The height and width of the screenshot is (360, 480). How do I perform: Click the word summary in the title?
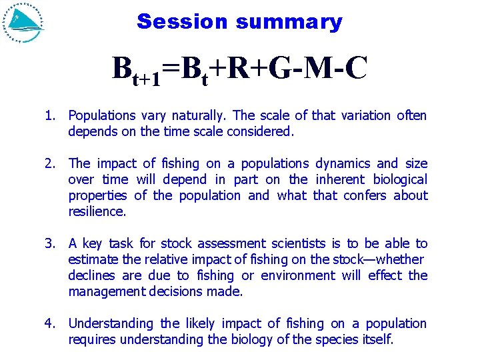(288, 23)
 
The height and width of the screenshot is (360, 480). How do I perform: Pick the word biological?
(399, 179)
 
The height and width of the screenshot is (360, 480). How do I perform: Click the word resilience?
(96, 211)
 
